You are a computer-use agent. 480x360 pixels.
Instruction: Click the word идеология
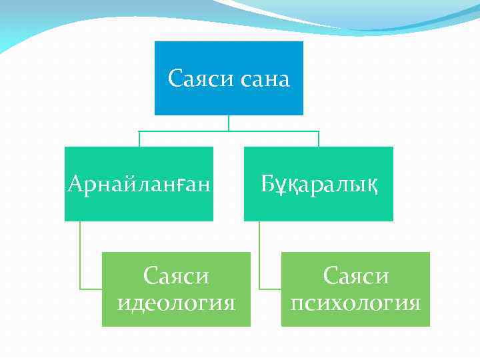176,303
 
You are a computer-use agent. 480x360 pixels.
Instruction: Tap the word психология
355,303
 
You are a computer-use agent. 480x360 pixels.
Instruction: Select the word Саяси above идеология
176,275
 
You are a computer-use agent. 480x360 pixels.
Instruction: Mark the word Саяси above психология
355,275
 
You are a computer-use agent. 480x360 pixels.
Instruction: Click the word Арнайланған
139,183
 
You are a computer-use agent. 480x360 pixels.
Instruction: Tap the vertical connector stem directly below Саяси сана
229,123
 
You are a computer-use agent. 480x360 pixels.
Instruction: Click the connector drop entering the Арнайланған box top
139,139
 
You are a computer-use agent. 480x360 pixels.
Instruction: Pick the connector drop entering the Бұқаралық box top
318,139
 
